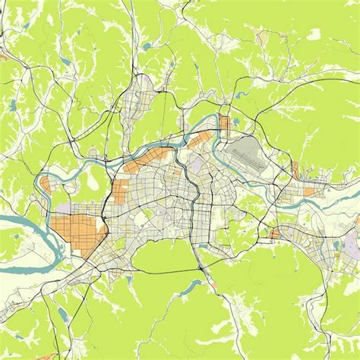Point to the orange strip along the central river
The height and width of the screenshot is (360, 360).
tap(201, 140)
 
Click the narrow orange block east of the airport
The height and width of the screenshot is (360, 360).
tap(295, 170)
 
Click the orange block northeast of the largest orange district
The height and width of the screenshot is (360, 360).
tap(122, 190)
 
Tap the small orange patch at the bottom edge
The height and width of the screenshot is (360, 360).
tap(214, 286)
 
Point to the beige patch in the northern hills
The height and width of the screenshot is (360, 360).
tap(261, 35)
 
